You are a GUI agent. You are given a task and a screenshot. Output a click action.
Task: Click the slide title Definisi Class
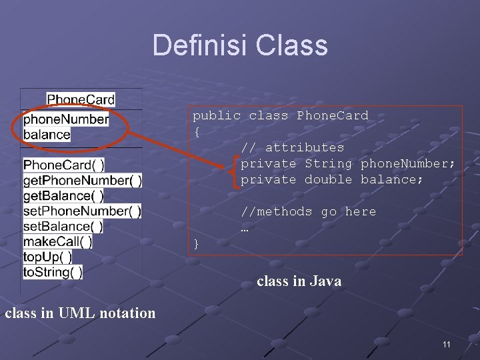[x=240, y=45]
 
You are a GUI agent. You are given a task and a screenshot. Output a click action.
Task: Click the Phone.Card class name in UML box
[x=81, y=99]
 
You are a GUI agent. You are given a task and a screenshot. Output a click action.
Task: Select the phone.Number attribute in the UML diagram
[x=66, y=119]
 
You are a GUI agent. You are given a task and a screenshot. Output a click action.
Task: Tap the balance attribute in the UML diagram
[x=47, y=134]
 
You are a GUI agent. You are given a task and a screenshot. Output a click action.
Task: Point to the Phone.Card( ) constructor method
[x=63, y=165]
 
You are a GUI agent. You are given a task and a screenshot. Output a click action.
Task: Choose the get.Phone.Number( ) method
[x=83, y=180]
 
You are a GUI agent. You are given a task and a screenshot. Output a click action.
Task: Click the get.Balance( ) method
[x=63, y=195]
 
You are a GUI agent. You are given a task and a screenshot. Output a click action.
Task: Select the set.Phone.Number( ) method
[x=82, y=211]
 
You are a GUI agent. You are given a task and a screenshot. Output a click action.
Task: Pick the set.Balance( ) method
[x=63, y=226]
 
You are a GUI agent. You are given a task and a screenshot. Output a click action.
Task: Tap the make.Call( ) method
[x=57, y=241]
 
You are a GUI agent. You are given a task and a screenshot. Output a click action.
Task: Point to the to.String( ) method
[x=53, y=272]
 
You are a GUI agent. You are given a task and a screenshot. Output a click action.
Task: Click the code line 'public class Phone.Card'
[x=280, y=115]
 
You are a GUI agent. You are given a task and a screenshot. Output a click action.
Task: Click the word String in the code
[x=328, y=163]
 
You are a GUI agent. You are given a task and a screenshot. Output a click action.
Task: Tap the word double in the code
[x=328, y=179]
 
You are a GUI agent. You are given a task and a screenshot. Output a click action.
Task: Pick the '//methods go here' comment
[x=308, y=211]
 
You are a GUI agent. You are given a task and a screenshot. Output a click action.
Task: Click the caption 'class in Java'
[x=299, y=281]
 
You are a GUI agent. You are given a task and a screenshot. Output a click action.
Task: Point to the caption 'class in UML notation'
[x=80, y=313]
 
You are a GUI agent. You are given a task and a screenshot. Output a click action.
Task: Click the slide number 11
[x=446, y=344]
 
